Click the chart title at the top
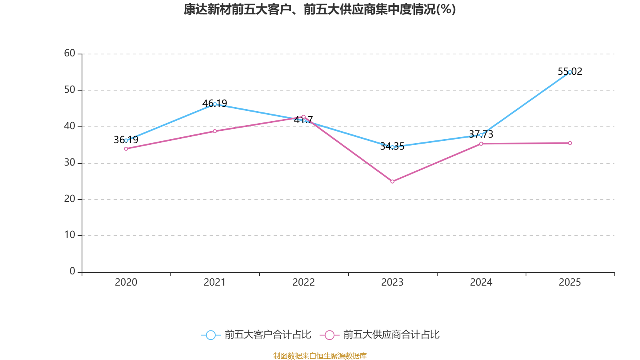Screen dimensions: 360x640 click(320, 10)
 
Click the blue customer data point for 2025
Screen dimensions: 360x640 click(570, 72)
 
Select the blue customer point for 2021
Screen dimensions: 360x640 click(215, 104)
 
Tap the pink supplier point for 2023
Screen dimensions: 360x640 click(392, 182)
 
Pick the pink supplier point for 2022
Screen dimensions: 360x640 click(303, 117)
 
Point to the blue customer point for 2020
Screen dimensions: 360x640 click(126, 140)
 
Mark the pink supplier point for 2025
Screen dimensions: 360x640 click(570, 143)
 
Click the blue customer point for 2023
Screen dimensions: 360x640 click(392, 147)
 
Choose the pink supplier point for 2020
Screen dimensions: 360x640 click(126, 149)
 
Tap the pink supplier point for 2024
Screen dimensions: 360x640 click(481, 144)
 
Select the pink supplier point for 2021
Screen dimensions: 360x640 click(215, 131)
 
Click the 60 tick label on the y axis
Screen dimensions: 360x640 click(70, 54)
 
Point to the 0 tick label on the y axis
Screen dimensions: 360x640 click(72, 272)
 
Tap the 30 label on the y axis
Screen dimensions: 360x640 click(70, 163)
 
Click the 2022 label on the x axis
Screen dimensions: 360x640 click(303, 282)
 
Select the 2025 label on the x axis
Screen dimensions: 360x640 click(570, 282)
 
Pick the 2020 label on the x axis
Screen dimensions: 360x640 click(126, 282)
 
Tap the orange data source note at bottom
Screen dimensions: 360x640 click(320, 356)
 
